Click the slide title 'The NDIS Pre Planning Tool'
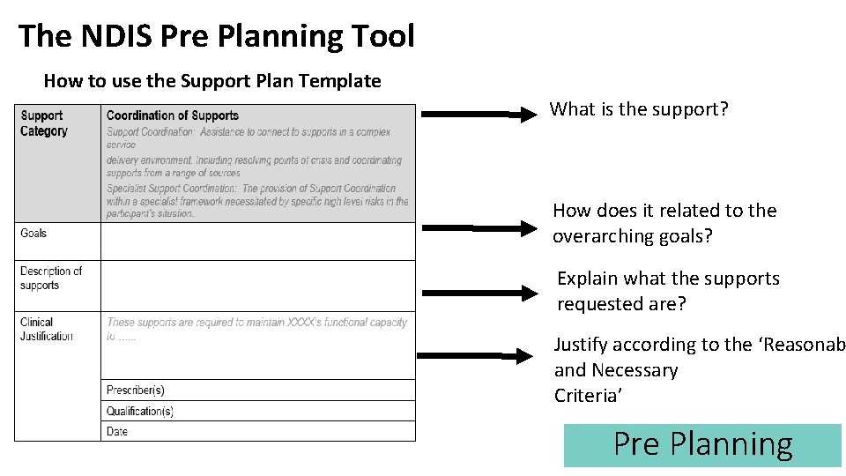click(216, 36)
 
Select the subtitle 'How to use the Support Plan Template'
click(212, 81)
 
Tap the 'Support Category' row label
click(43, 123)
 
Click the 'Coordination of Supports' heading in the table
click(172, 115)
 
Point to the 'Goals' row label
click(33, 233)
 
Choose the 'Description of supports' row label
click(51, 278)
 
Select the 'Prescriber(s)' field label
click(135, 390)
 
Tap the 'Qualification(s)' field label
click(139, 412)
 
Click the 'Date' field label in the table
click(117, 432)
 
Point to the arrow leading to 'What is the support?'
click(479, 114)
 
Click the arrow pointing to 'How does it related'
click(479, 228)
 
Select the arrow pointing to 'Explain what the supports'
click(479, 294)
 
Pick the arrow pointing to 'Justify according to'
click(476, 356)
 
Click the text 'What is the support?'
click(639, 109)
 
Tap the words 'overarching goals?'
click(632, 236)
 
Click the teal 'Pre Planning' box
click(702, 445)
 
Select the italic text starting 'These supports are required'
click(256, 323)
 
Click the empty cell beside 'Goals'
click(257, 241)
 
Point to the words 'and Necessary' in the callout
click(615, 370)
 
